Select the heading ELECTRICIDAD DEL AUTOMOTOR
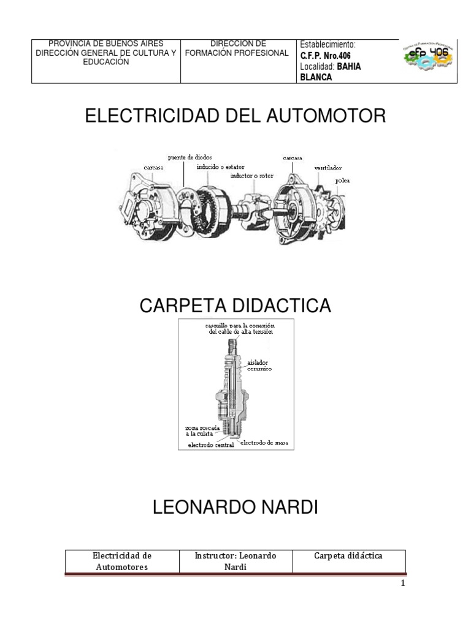pyautogui.click(x=235, y=116)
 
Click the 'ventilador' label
pyautogui.click(x=327, y=167)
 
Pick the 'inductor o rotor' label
pyautogui.click(x=252, y=176)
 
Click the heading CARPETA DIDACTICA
pyautogui.click(x=235, y=306)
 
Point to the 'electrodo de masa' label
pyautogui.click(x=264, y=442)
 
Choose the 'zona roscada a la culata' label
pyautogui.click(x=198, y=430)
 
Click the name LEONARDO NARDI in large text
pyautogui.click(x=235, y=508)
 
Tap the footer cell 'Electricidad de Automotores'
pyautogui.click(x=121, y=561)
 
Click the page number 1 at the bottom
pyautogui.click(x=403, y=584)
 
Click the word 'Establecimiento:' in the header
pyautogui.click(x=327, y=45)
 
